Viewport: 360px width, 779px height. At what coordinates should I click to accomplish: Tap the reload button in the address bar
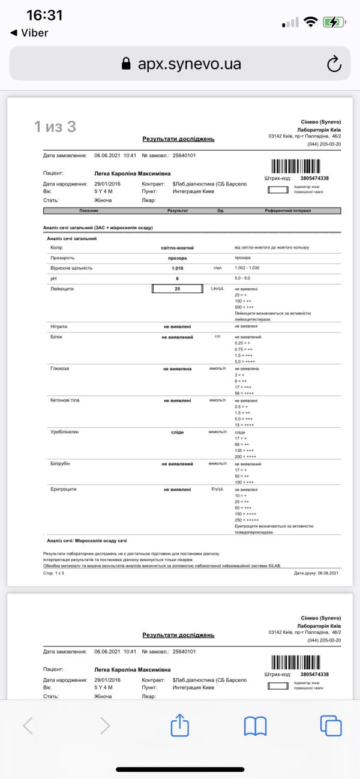click(x=334, y=64)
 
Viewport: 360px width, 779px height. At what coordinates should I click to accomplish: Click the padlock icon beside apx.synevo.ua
click(x=126, y=64)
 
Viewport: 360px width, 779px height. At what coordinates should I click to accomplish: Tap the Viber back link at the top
click(x=29, y=33)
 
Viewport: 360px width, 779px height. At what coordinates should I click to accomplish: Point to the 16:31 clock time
click(x=44, y=15)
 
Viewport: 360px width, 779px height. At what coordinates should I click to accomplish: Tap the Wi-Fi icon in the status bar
click(x=310, y=22)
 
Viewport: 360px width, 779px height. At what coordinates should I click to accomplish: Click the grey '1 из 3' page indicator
click(x=55, y=127)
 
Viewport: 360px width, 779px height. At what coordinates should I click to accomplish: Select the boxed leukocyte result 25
click(x=178, y=289)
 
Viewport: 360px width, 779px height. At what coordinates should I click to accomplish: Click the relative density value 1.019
click(x=178, y=268)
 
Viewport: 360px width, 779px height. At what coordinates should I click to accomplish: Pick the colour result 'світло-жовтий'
click(x=178, y=247)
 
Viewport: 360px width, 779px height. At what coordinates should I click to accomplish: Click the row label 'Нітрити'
click(x=59, y=326)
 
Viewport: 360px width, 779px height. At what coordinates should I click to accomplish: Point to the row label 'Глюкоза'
click(x=61, y=368)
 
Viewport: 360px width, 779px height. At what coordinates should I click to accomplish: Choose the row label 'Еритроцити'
click(x=64, y=489)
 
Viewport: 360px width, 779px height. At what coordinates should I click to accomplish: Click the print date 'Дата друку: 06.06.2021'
click(x=316, y=573)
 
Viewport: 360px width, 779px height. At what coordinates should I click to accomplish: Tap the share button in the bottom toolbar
click(x=180, y=726)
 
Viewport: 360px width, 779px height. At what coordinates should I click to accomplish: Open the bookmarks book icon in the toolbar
click(x=255, y=726)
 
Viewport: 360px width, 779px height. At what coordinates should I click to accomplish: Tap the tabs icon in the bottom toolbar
click(x=330, y=726)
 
